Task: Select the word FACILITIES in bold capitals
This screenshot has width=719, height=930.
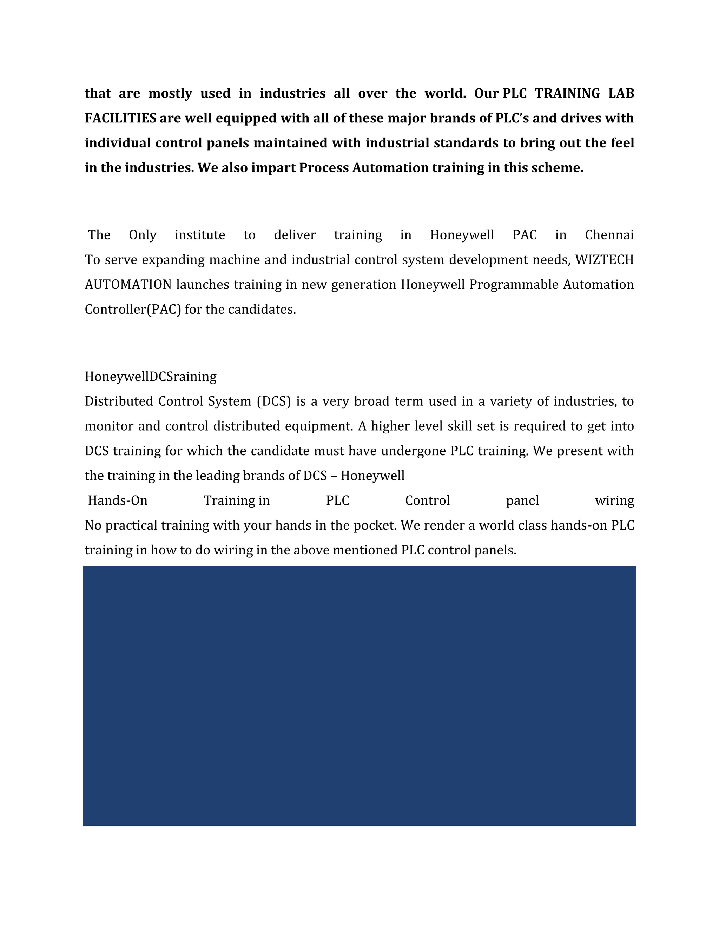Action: tap(120, 118)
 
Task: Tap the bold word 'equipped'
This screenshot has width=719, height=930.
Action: tap(246, 118)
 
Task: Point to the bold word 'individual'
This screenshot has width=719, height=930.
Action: tap(118, 142)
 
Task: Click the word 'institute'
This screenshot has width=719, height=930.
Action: tap(200, 235)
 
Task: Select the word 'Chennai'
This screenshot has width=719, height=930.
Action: tap(609, 235)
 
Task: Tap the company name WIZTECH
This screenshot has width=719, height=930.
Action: tap(605, 260)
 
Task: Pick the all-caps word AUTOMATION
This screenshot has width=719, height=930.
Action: tap(128, 285)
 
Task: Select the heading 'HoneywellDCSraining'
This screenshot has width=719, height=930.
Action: tap(150, 377)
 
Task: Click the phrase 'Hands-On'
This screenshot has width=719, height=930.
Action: tap(118, 500)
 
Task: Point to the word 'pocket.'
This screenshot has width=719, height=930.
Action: tap(375, 525)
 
